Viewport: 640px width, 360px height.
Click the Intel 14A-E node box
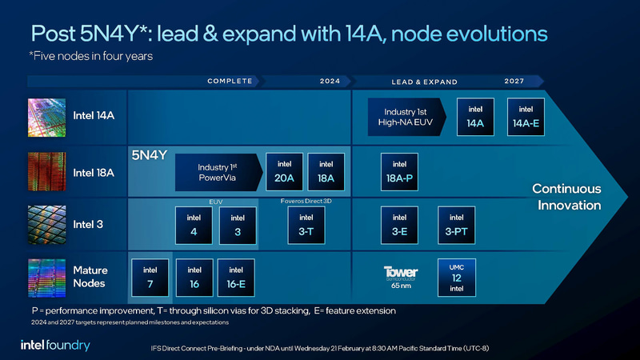(x=526, y=117)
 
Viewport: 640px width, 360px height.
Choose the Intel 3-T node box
(x=306, y=225)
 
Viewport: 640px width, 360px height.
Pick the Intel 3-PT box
(x=456, y=225)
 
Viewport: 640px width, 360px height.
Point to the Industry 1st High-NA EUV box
(x=406, y=117)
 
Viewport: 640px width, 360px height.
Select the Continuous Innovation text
(x=566, y=197)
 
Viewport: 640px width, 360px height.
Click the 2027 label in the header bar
(x=514, y=82)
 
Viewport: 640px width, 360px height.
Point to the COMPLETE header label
(x=230, y=82)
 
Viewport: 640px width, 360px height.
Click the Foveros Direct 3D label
(x=306, y=202)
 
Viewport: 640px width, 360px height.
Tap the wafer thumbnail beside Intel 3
(x=46, y=224)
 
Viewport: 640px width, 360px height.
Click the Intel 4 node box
(x=194, y=225)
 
